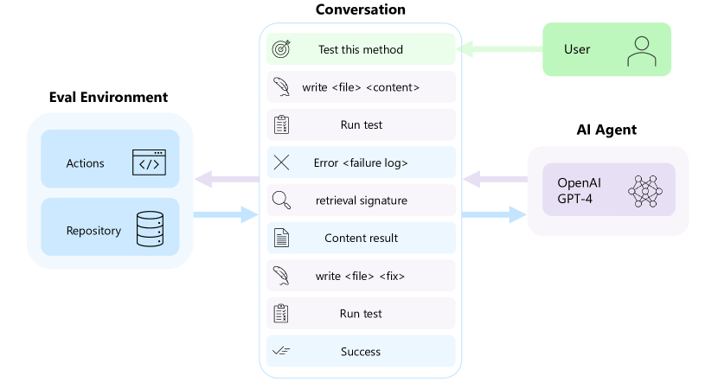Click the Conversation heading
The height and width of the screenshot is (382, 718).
point(360,10)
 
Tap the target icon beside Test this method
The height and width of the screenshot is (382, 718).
point(281,49)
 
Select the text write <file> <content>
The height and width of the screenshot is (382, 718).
point(361,87)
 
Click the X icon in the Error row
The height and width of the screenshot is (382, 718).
point(281,162)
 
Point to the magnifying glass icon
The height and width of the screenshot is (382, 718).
point(281,201)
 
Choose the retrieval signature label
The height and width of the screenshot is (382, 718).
point(361,201)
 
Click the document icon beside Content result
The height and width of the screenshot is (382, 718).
point(281,238)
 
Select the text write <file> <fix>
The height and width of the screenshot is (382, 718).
point(361,276)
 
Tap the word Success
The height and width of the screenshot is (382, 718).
point(361,352)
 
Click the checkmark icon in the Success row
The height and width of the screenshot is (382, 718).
point(281,352)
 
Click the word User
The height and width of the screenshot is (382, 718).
point(577,49)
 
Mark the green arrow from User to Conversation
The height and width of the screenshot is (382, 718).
point(500,49)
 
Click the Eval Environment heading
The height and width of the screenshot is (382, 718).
point(108,97)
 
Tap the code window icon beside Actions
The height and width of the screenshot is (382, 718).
point(149,162)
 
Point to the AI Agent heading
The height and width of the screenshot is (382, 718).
point(606,130)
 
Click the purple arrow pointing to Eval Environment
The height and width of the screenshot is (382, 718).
point(228,180)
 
